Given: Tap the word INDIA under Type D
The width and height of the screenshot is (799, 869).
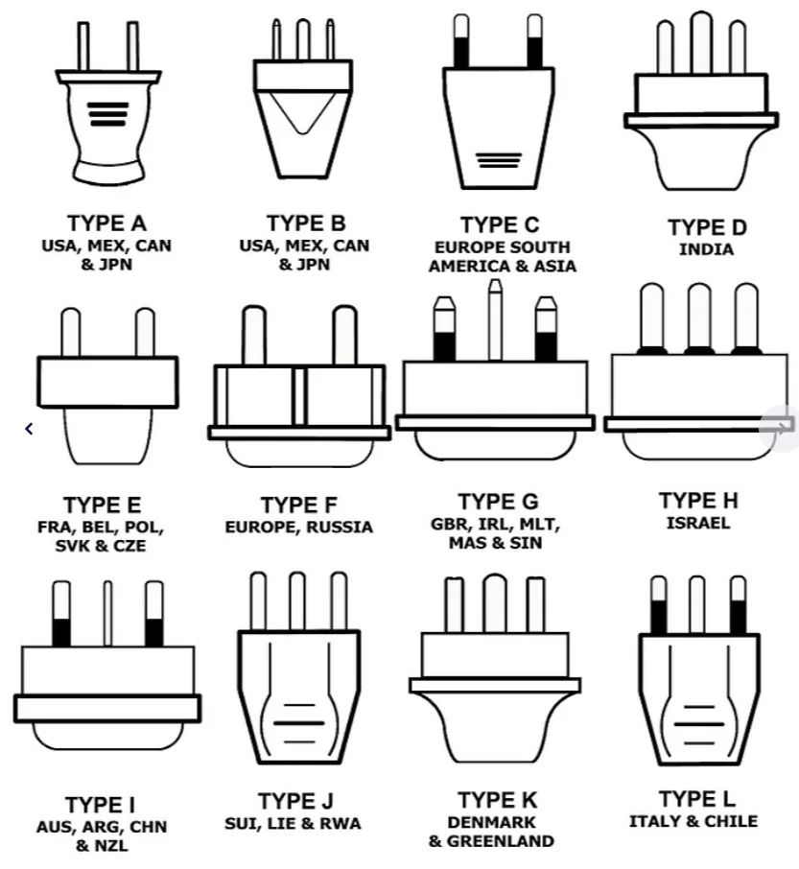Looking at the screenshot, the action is pos(706,249).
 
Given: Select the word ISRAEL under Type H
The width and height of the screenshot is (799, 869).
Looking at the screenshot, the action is pos(698,523).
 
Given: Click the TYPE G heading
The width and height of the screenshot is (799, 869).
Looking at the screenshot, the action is pos(498,502).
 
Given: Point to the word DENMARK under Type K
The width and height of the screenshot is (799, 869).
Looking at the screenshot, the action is pos(491,822).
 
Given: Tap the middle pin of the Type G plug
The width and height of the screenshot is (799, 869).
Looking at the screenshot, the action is pos(495,321).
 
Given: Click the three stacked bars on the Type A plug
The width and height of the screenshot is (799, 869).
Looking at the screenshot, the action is pos(107,114).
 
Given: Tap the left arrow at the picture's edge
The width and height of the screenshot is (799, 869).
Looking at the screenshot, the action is pos(30,429).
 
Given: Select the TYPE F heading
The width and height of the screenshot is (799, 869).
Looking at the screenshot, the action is pos(299,505).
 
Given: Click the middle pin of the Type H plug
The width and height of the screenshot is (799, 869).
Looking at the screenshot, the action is pos(699,317).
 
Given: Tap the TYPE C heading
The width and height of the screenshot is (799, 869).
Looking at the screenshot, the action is pos(499,225).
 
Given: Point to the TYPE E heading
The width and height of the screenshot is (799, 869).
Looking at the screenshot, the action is pos(103,505).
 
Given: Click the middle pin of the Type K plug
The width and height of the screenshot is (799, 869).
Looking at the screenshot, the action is pos(495,603).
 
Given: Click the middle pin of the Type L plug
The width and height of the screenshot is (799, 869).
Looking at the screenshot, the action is pos(697,604).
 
